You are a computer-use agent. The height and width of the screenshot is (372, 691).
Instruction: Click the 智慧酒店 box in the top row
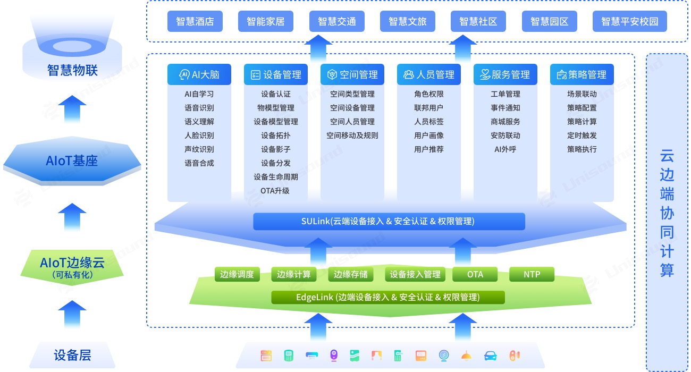coord(195,22)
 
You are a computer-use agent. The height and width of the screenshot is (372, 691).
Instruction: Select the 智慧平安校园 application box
coord(629,22)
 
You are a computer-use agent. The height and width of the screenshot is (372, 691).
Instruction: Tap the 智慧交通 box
coord(337,22)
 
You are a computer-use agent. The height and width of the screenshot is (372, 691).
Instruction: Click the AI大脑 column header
coord(199,75)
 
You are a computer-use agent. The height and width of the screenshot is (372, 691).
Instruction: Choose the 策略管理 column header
coord(582,75)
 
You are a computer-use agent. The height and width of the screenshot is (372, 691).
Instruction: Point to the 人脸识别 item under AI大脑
coord(199,136)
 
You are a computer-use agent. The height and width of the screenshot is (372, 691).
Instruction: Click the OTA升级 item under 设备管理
coord(275,191)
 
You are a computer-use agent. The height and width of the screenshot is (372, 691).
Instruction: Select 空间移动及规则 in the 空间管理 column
coord(352,136)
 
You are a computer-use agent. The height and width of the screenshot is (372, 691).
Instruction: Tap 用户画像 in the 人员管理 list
coord(429,136)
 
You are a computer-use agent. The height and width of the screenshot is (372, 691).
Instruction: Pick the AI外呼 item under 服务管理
coord(505,149)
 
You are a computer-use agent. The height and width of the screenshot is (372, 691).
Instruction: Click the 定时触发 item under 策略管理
coord(582,136)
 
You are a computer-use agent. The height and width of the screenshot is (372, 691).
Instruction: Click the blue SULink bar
coord(389,221)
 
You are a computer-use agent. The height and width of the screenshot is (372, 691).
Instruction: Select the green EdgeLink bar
coord(388,297)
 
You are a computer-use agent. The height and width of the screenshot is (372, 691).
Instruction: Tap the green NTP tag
coord(532,274)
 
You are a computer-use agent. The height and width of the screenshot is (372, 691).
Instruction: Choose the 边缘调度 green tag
coord(238,274)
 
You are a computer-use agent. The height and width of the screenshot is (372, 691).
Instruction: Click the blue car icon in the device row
coord(490,356)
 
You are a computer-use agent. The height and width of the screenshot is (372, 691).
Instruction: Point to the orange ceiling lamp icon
coord(466,356)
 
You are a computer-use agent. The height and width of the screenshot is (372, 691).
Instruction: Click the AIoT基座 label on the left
coord(72,161)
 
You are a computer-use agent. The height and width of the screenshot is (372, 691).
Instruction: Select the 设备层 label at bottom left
coord(72,355)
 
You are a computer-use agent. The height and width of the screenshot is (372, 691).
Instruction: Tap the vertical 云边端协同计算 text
coord(667,213)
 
